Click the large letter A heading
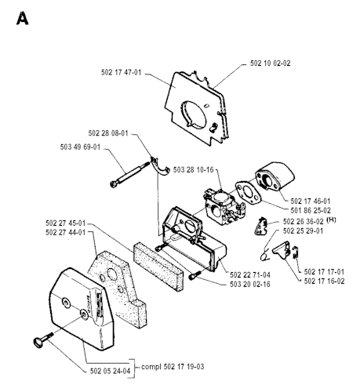pos(22,18)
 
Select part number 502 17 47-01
pos(121,72)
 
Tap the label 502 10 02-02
pos(271,64)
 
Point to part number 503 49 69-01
pos(80,147)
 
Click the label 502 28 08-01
pos(108,133)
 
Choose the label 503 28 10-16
pos(194,170)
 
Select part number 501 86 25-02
pos(311,210)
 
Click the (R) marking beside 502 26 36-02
pos(331,220)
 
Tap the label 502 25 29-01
pos(303,231)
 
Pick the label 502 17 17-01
pos(324,272)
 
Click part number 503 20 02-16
pos(250,284)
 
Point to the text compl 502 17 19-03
pos(173,367)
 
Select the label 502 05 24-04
pos(110,371)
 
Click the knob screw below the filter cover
pos(42,339)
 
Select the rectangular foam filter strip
pos(158,267)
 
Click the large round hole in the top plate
pos(194,114)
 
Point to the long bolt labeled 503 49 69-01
pos(129,173)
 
